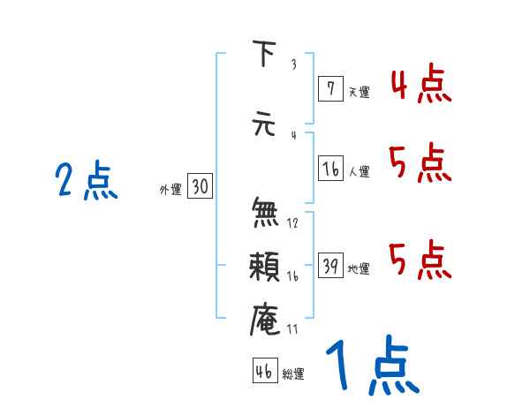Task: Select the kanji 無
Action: click(265, 212)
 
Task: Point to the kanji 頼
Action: click(265, 268)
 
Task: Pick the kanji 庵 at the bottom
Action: click(265, 318)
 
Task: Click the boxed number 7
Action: click(329, 88)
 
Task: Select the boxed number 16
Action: click(330, 170)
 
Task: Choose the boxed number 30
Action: click(199, 187)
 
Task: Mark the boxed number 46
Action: click(264, 372)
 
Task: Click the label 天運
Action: click(358, 91)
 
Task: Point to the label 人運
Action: click(358, 172)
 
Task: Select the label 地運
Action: click(358, 269)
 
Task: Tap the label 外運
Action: click(170, 189)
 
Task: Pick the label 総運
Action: click(292, 374)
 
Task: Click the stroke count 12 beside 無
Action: click(292, 223)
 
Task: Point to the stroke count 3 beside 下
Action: click(292, 64)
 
